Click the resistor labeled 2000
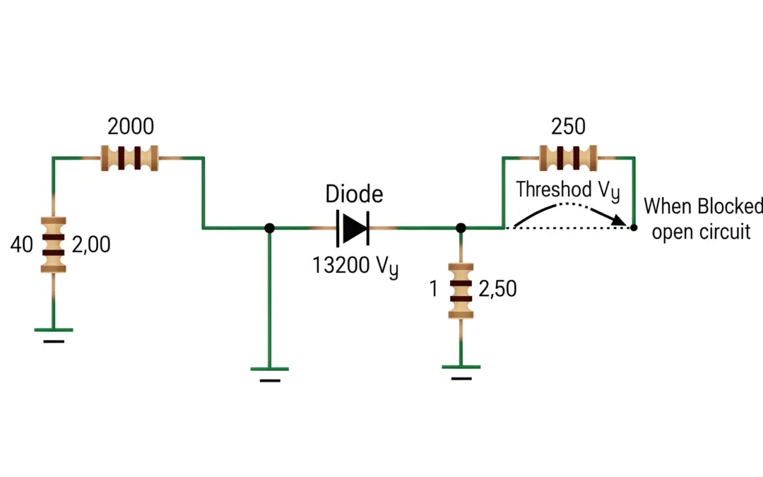point(130,158)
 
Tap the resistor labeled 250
point(568,158)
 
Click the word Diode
point(354,194)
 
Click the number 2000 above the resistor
point(130,126)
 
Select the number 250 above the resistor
point(568,126)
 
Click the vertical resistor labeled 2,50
point(461,290)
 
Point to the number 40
point(23,245)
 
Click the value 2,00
point(91,245)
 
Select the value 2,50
point(497,289)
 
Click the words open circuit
point(701,232)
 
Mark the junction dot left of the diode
point(269,228)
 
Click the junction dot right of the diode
point(461,228)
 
